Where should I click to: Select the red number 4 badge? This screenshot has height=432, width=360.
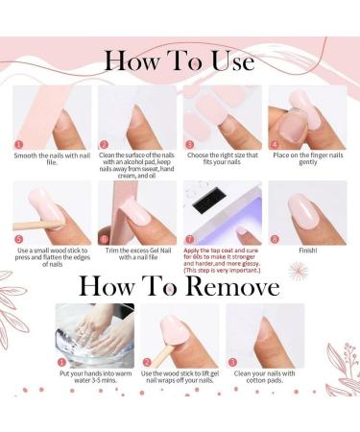click(273, 143)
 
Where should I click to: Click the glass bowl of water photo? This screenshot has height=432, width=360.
click(93, 336)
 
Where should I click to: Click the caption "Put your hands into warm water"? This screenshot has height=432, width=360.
click(93, 376)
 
